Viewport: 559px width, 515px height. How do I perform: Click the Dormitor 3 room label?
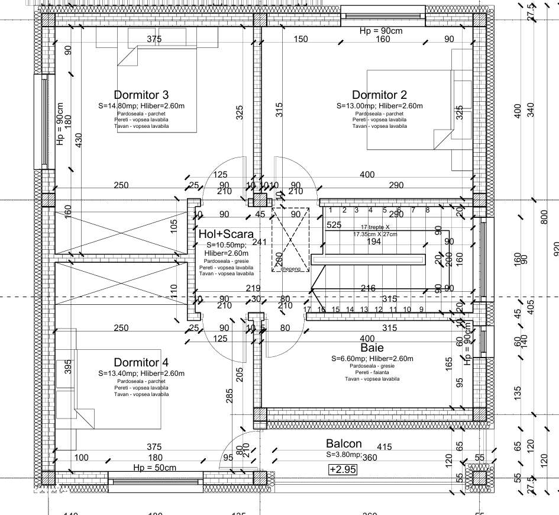(141, 95)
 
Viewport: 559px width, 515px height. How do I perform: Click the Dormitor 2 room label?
(379, 95)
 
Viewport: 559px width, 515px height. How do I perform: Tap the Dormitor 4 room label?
(141, 362)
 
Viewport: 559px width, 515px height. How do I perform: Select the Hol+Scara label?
(226, 234)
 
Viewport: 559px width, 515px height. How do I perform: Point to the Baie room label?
(373, 348)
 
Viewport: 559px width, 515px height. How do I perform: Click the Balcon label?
(344, 444)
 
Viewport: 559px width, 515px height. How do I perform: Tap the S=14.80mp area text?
(120, 106)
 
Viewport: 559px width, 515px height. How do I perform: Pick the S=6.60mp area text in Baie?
(354, 359)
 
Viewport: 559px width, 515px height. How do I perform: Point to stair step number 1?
(329, 210)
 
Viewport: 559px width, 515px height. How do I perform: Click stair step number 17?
(307, 310)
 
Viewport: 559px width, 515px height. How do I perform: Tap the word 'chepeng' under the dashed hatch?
(290, 269)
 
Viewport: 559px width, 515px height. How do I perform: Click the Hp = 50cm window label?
(154, 468)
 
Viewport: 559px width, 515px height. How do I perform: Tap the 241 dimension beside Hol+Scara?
(259, 242)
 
